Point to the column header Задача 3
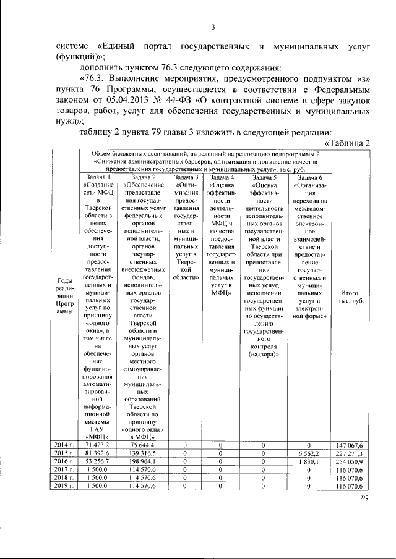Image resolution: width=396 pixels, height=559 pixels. click(x=186, y=178)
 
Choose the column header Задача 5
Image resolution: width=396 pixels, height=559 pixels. click(x=264, y=178)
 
